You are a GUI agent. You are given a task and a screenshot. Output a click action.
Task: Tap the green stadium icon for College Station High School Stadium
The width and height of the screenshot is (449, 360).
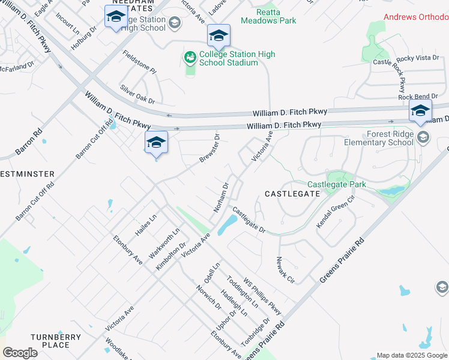click(x=190, y=58)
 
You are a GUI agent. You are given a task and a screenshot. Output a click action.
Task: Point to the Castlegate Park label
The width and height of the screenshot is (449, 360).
click(x=336, y=185)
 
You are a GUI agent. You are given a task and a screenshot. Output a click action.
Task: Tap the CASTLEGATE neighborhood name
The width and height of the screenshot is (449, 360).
click(x=292, y=194)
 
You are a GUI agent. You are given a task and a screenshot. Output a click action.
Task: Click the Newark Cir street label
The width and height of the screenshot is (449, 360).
click(x=286, y=269)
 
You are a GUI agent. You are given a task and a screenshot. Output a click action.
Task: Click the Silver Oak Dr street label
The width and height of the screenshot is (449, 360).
click(x=137, y=92)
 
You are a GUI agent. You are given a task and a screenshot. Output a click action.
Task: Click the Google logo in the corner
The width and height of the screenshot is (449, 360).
click(x=20, y=353)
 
